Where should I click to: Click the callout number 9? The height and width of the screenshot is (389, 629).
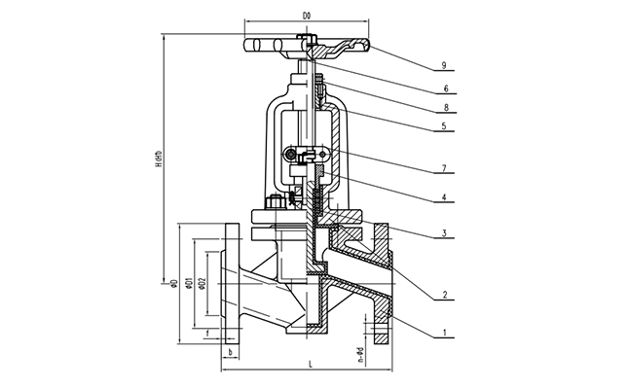coord(443,65)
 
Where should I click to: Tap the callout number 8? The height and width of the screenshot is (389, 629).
coord(443,107)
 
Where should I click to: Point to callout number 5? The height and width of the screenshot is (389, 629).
coord(443,126)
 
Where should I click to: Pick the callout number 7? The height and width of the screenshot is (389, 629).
coord(443,170)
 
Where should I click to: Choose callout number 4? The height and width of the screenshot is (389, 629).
coord(443,199)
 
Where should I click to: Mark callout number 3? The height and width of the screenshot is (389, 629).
coord(443,234)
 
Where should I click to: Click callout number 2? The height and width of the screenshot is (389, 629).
coord(443,294)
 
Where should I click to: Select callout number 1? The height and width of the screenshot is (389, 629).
coord(443,334)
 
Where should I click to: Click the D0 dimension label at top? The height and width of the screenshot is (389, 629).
coord(307,16)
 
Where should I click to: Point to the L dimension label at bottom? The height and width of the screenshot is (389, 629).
coord(308,364)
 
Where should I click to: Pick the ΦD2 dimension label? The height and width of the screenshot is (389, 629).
coord(201,282)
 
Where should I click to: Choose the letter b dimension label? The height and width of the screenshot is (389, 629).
coord(230,352)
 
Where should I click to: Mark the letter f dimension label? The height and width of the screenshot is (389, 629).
coord(208,334)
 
